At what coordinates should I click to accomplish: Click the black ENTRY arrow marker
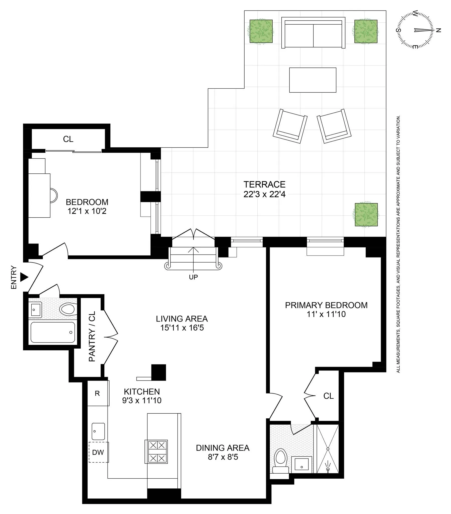coord(24,277)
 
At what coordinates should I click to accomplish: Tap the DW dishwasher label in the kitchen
coord(98,453)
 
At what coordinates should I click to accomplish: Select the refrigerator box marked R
coord(97,393)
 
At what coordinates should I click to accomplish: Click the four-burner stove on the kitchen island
coord(156,452)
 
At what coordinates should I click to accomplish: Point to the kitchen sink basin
coord(98,431)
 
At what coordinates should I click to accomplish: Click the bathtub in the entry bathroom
coord(53,332)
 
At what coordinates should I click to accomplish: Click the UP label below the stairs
coord(193,277)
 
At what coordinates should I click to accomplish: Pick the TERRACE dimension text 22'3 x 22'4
coord(264,195)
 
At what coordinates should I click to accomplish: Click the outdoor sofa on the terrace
coord(313,33)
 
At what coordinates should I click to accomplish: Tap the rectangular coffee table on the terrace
coord(313,80)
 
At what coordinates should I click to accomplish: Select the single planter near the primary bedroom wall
coord(366,215)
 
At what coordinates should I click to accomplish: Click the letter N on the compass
coord(439,30)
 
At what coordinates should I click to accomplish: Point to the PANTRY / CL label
coord(92,337)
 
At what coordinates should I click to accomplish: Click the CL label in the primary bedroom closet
coord(328,396)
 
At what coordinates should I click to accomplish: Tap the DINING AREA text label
coord(222,448)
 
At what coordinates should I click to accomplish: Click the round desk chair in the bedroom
coord(53,196)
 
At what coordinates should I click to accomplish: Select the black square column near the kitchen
coord(158,372)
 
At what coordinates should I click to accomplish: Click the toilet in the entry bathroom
coord(68,309)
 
